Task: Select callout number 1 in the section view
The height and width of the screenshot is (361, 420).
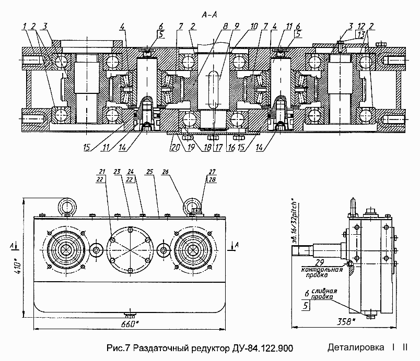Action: click(x=24, y=26)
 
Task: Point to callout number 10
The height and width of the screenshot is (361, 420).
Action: click(x=254, y=26)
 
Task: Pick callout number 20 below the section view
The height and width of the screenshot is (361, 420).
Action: click(x=175, y=148)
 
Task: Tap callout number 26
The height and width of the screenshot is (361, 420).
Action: click(x=166, y=172)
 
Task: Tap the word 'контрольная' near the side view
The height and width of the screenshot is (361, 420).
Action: click(x=320, y=270)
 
